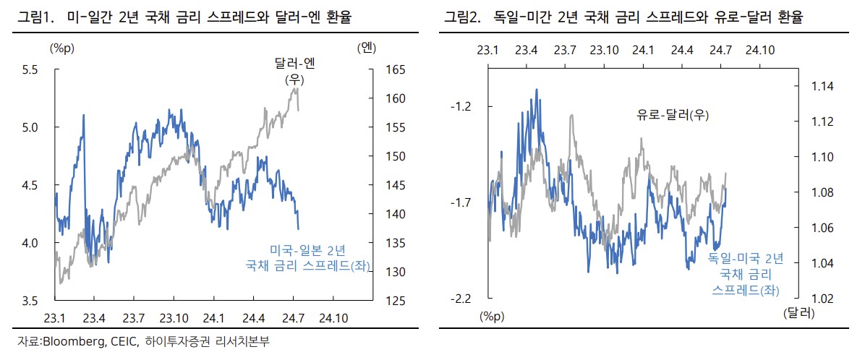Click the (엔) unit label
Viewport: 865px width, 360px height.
tap(367, 48)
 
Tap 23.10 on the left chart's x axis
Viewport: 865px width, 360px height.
tap(174, 317)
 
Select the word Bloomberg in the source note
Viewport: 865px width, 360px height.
tap(72, 341)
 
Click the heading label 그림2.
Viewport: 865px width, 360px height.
tap(461, 16)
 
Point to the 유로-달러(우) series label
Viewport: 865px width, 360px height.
tap(672, 114)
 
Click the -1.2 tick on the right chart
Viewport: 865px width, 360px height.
tap(460, 107)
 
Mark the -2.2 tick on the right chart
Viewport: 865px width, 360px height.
tap(460, 299)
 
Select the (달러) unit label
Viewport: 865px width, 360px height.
tap(798, 314)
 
